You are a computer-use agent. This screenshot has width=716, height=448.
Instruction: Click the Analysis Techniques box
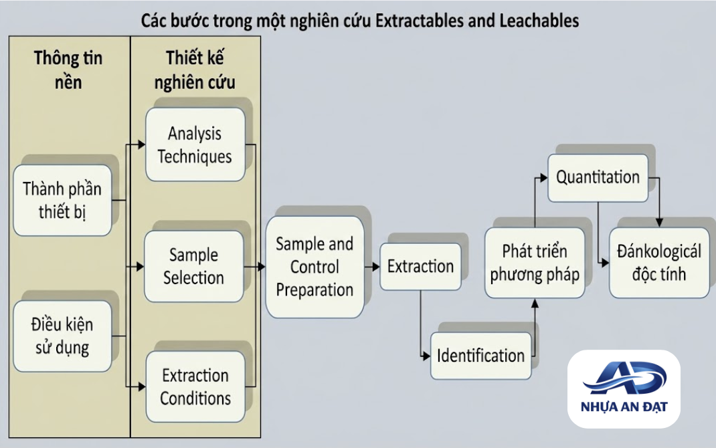click(x=195, y=144)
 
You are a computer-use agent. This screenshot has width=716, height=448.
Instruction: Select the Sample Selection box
click(x=194, y=266)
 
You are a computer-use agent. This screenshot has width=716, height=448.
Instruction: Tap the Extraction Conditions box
click(x=195, y=386)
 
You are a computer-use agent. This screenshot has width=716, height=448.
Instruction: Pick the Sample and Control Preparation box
click(x=315, y=267)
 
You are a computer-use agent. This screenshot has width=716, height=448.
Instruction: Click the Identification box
click(x=481, y=356)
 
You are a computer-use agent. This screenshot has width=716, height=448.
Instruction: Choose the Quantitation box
click(x=598, y=177)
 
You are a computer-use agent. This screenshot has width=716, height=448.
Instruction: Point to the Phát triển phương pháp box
click(x=535, y=263)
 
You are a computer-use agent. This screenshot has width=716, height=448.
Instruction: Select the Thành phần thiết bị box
click(x=62, y=201)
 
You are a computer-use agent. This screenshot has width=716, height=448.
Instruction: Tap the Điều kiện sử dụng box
click(x=62, y=336)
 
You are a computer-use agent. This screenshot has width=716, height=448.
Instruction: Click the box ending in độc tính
click(x=659, y=263)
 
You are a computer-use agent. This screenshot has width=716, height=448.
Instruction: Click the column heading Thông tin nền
click(x=68, y=70)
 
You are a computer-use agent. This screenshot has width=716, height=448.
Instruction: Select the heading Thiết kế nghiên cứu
click(x=195, y=70)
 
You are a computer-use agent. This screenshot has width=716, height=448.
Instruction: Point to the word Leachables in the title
click(x=539, y=21)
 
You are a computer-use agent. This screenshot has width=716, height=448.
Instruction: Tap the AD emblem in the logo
click(x=624, y=378)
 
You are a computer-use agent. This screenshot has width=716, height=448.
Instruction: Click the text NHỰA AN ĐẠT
click(x=624, y=407)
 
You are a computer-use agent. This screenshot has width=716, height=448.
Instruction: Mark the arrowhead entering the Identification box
click(x=426, y=356)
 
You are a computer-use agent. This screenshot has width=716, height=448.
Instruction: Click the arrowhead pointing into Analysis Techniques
click(x=142, y=144)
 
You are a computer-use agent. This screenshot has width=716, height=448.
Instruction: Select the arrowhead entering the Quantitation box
click(x=543, y=178)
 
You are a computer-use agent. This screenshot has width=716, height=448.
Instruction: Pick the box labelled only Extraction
click(x=420, y=267)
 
